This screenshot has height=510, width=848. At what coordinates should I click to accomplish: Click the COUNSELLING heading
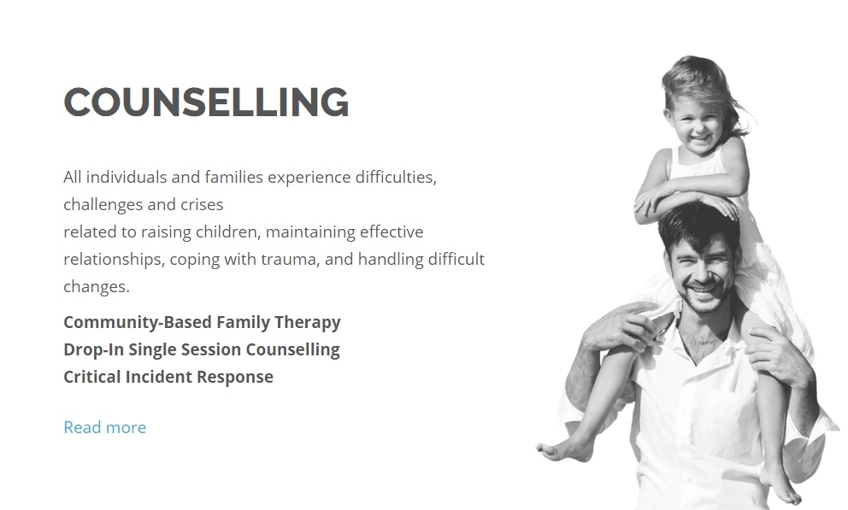(206, 103)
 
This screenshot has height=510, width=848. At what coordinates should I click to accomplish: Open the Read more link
(105, 427)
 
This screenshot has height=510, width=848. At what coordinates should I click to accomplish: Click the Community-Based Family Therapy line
(203, 323)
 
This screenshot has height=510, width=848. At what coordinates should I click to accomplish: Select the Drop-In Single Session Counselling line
(202, 349)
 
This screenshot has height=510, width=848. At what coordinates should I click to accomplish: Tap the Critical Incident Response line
(168, 377)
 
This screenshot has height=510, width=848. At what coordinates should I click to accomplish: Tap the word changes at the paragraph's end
(97, 287)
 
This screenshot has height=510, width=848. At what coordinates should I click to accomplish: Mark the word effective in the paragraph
(392, 232)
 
